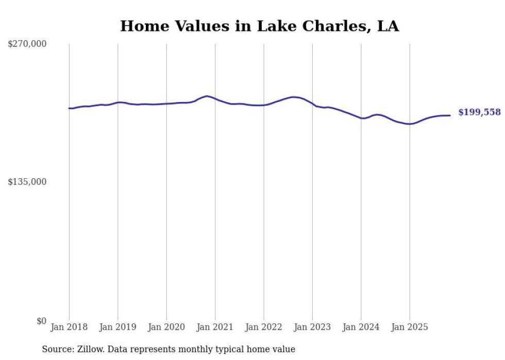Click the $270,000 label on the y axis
click(x=27, y=44)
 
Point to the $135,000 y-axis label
click(x=27, y=182)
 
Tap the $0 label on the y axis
click(x=41, y=321)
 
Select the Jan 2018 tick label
click(x=69, y=327)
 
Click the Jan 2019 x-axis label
click(x=117, y=327)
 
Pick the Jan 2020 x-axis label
click(x=166, y=327)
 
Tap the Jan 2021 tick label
click(x=215, y=327)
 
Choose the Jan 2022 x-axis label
click(x=264, y=327)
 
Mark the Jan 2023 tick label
click(x=312, y=327)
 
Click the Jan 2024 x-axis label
click(x=361, y=327)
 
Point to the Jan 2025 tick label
click(x=410, y=327)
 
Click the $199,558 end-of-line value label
click(x=479, y=112)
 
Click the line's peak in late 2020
click(x=207, y=96)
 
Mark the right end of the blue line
click(x=450, y=115)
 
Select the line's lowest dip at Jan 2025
click(x=409, y=124)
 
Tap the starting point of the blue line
click(x=69, y=108)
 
